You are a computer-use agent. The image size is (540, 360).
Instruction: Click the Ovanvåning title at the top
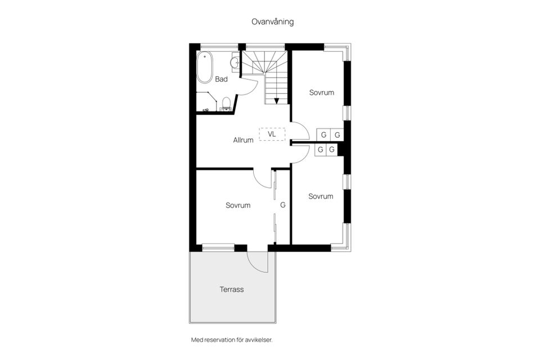pos(272,22)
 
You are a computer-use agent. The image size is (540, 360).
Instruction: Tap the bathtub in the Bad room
pos(205,67)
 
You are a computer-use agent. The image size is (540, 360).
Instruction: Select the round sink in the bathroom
pos(235,62)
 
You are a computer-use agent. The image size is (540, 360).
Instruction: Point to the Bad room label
pos(221,79)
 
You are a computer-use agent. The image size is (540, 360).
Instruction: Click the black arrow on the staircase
pos(277,101)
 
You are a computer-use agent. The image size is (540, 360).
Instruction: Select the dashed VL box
pos(272,134)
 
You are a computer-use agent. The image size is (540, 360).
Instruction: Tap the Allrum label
pos(243,140)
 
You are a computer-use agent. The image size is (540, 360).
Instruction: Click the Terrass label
pos(232,289)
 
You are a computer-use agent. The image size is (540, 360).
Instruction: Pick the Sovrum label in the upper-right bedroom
pos(322,92)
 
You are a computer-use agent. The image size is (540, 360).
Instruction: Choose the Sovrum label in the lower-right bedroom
pos(321,196)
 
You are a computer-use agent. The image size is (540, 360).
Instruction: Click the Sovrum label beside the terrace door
pos(238,205)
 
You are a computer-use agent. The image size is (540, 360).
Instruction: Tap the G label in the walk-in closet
pos(283,205)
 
